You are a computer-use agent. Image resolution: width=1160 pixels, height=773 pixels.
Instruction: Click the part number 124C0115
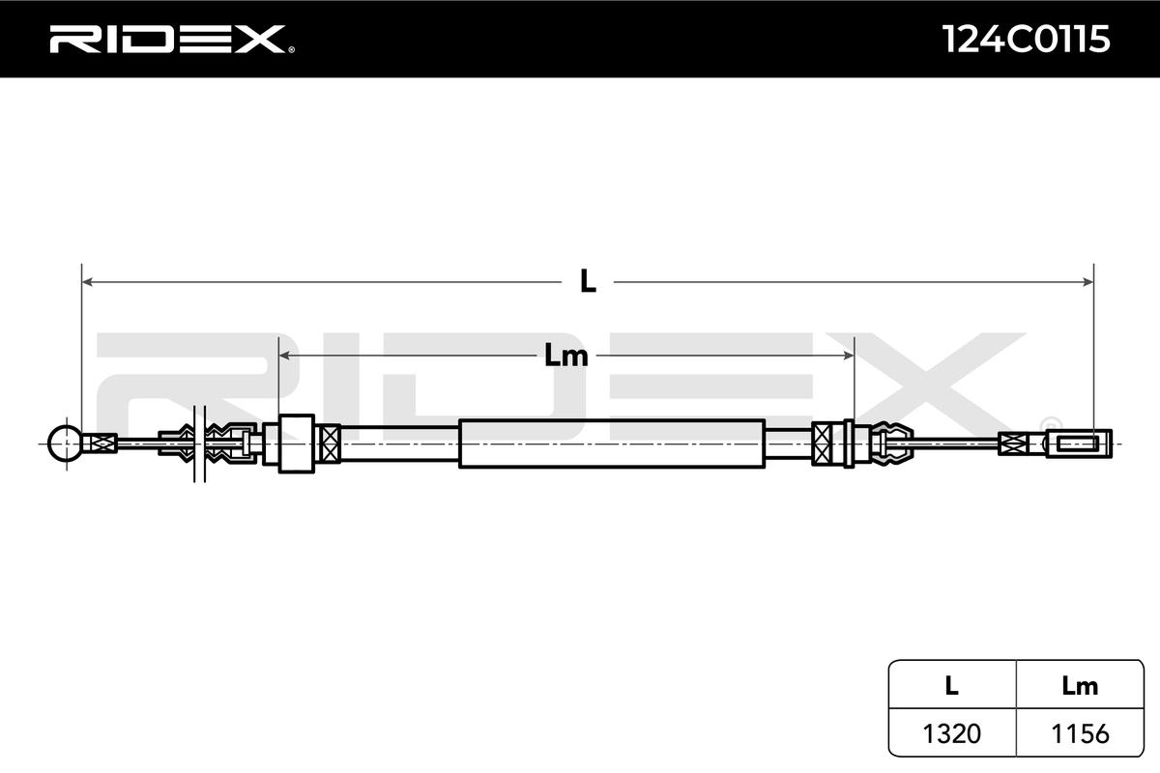(x=1026, y=40)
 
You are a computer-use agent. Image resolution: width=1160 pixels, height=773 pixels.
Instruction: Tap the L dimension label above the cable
(x=588, y=281)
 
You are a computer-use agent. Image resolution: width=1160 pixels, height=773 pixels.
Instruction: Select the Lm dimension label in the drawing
(x=566, y=356)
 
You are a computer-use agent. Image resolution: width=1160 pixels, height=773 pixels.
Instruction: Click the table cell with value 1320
(x=951, y=733)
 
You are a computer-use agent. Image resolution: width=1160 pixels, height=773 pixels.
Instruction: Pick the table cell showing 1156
(x=1080, y=733)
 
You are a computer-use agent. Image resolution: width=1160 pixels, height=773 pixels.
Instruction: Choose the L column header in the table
(x=951, y=686)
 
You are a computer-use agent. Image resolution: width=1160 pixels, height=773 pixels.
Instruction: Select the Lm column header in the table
(x=1080, y=686)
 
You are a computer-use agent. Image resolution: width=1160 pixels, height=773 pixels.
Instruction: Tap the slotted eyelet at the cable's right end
(x=1079, y=444)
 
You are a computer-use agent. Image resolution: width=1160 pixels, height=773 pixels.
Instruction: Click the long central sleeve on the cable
(x=611, y=444)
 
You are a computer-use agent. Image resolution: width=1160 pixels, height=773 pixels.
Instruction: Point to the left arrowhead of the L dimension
(x=87, y=282)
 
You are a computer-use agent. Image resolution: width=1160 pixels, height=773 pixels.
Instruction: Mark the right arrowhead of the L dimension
(x=1087, y=282)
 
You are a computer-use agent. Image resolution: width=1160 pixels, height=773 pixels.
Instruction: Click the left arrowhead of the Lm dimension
(x=285, y=356)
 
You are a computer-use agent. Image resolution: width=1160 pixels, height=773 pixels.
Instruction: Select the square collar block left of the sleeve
(x=296, y=444)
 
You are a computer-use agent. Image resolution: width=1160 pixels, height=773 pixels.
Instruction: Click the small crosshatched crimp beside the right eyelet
(x=1011, y=444)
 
